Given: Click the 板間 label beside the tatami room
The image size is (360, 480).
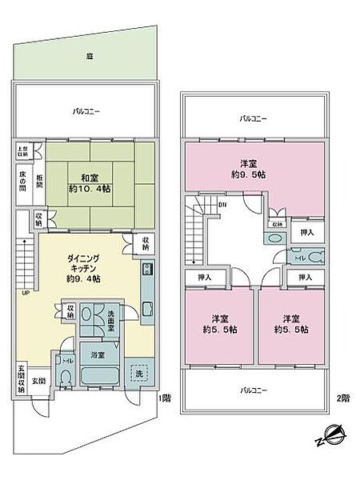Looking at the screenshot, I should pos(37,182).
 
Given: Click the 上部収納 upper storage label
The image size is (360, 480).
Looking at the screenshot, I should pos(21,152).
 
